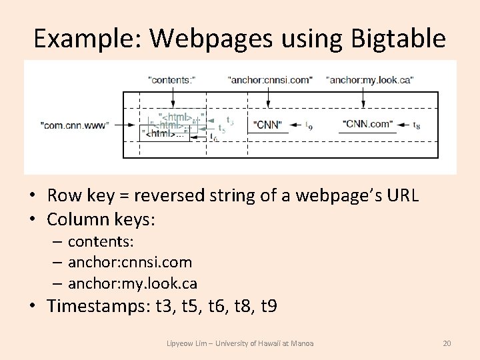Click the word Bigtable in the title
(x=391, y=39)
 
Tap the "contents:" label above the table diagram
(x=171, y=79)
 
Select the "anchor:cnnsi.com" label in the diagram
(x=270, y=79)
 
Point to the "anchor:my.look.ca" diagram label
(x=370, y=79)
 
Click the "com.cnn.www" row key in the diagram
(x=74, y=125)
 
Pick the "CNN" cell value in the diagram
(x=268, y=125)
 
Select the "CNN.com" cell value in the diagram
(x=367, y=125)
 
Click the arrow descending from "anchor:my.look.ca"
(x=363, y=96)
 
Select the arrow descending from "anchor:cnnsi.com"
(x=268, y=96)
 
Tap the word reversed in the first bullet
(x=164, y=195)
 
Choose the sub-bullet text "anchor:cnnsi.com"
(x=129, y=262)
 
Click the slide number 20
(x=447, y=343)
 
